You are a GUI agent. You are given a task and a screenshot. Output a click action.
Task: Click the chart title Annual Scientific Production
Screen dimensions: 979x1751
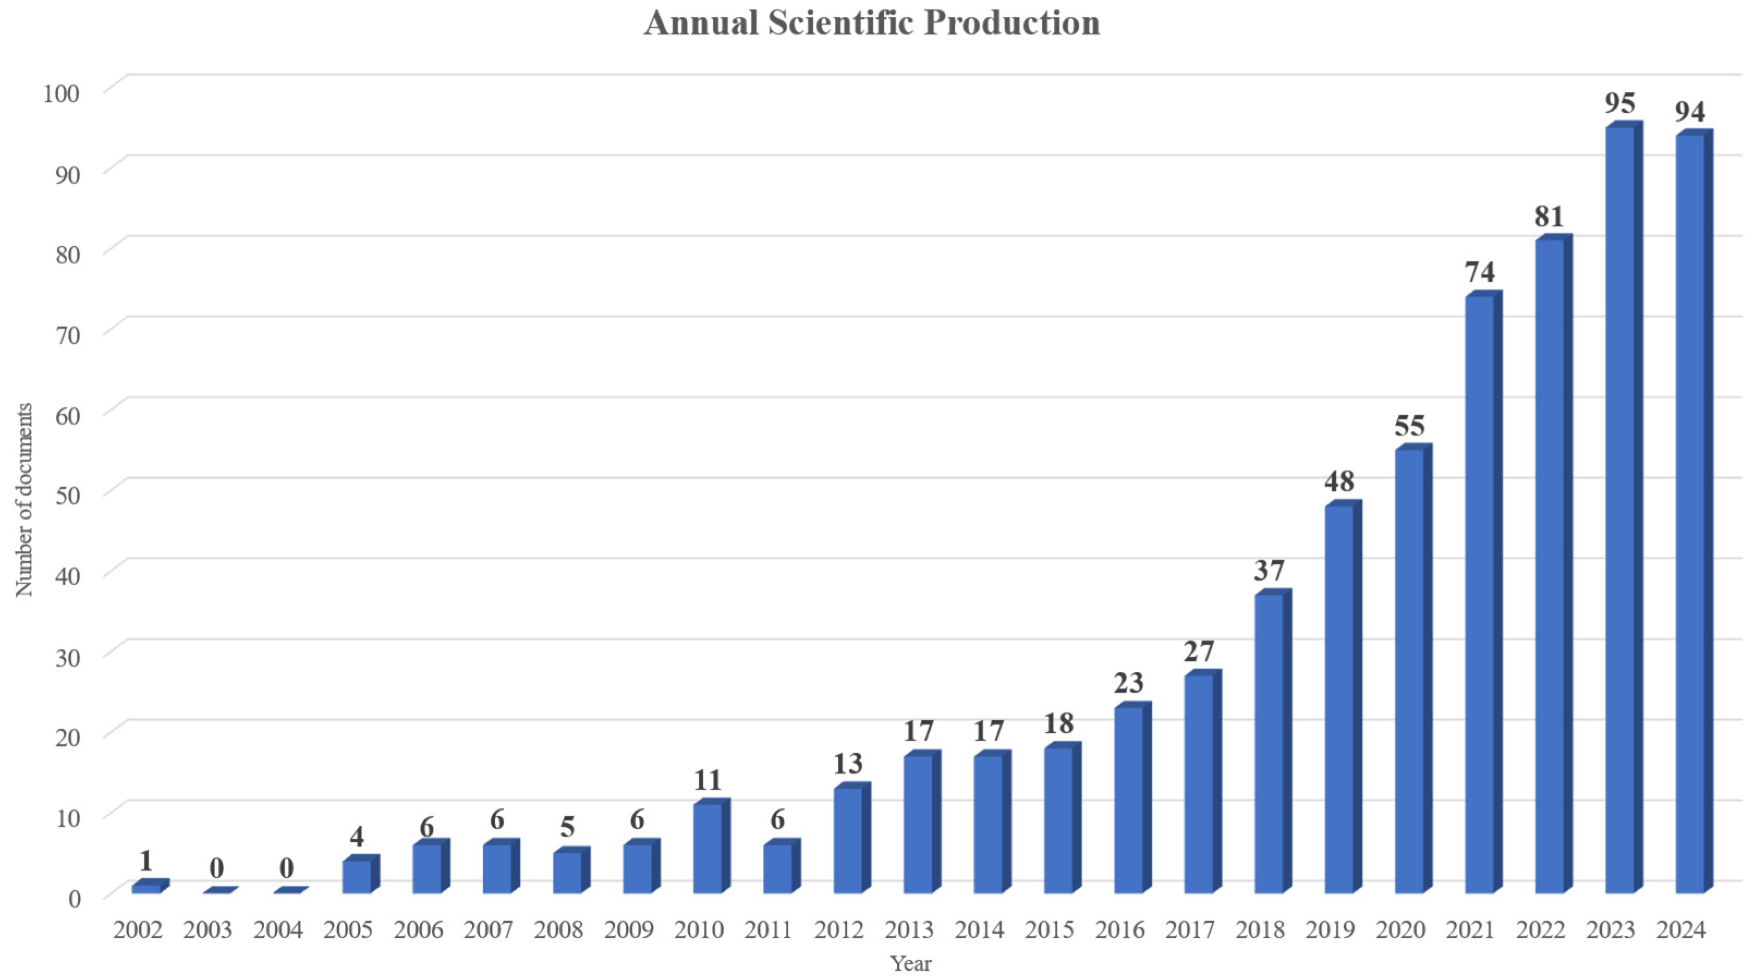pyautogui.click(x=872, y=23)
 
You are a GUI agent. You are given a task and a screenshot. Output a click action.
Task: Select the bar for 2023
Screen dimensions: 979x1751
pyautogui.click(x=1619, y=510)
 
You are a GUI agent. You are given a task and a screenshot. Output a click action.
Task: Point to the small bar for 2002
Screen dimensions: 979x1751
pyautogui.click(x=146, y=888)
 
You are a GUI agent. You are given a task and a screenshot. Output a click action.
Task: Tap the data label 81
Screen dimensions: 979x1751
pyautogui.click(x=1549, y=217)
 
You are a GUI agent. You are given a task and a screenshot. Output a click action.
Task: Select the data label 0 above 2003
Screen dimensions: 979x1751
pyautogui.click(x=216, y=868)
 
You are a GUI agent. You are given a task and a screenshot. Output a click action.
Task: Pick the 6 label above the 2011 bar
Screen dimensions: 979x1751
pyautogui.click(x=778, y=820)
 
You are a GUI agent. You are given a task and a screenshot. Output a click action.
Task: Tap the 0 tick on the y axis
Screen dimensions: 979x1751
pyautogui.click(x=74, y=898)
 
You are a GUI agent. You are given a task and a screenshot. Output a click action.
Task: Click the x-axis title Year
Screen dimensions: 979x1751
pyautogui.click(x=911, y=963)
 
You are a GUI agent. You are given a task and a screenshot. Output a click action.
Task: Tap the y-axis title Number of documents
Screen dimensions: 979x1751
pyautogui.click(x=25, y=500)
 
